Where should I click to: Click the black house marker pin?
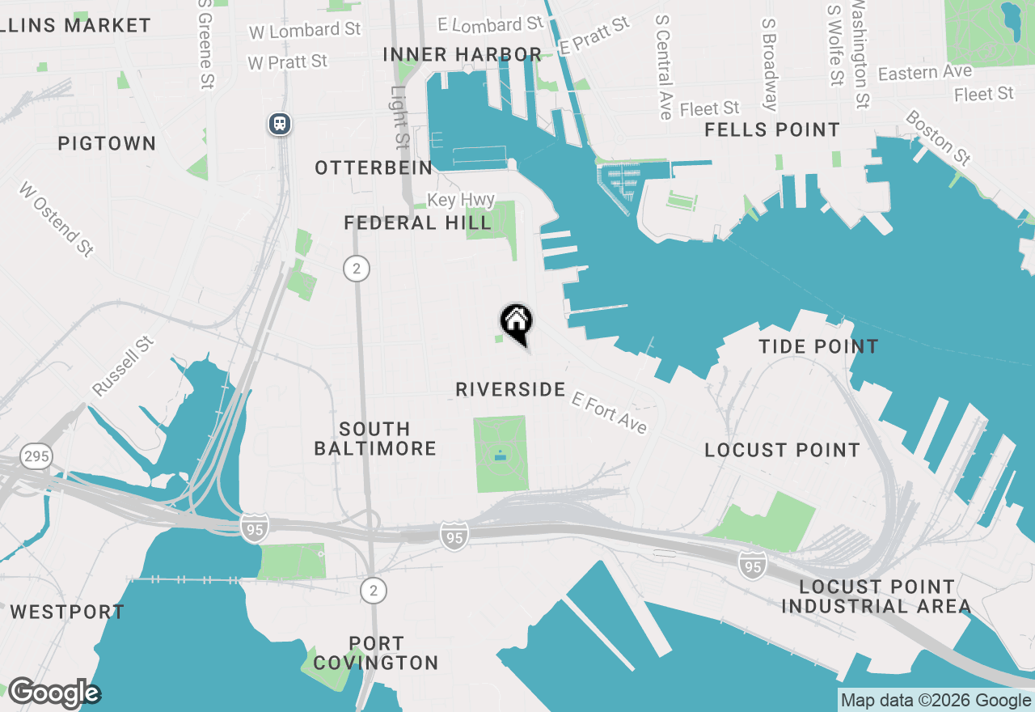516,322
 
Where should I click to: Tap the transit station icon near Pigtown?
280,124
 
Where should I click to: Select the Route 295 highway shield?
36,456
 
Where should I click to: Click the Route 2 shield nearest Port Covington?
373,591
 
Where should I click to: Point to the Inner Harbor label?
462,54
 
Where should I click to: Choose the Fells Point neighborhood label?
772,129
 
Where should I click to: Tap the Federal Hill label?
417,222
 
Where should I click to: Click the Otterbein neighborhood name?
374,167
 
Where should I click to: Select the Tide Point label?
818,346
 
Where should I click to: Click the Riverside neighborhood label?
510,389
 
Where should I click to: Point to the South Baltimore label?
375,439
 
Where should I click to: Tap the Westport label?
67,612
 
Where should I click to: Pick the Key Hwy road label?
460,200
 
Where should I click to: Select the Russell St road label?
123,367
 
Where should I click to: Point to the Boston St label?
937,138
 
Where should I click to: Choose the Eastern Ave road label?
924,73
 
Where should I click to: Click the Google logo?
53,693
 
